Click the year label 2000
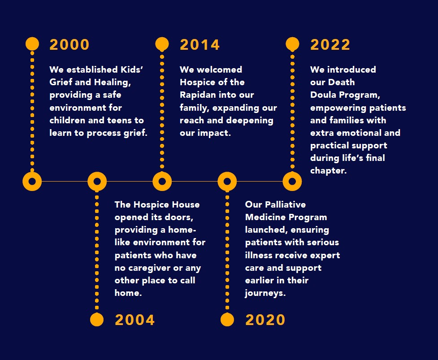(x=69, y=45)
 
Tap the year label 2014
(x=200, y=45)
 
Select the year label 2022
(x=330, y=45)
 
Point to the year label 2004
(x=134, y=320)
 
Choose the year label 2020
(x=265, y=320)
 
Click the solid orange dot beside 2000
(x=32, y=44)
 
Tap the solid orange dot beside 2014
(x=162, y=44)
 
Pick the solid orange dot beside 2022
(x=292, y=44)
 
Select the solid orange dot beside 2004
(x=97, y=320)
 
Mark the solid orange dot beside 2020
(x=227, y=320)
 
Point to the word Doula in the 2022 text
(x=323, y=95)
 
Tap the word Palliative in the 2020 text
(x=285, y=204)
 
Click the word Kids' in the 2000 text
(x=132, y=69)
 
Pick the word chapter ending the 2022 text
(x=329, y=170)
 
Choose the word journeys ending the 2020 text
(x=265, y=293)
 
